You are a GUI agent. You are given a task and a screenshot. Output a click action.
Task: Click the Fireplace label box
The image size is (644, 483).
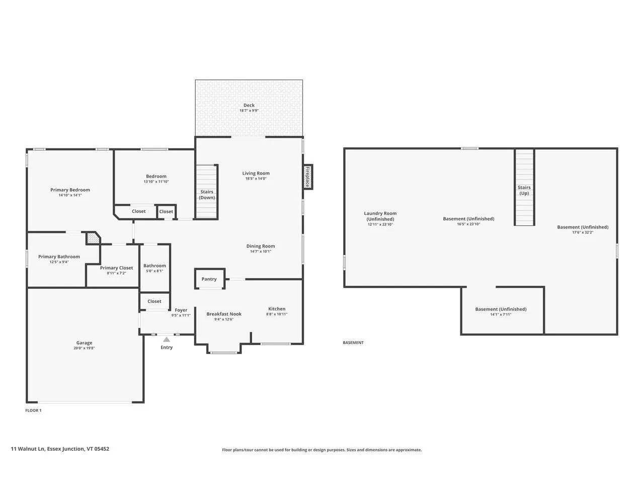[307, 177]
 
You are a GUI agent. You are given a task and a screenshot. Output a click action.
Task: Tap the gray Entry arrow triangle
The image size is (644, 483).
[167, 339]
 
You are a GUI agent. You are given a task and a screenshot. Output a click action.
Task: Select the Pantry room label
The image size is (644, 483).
[209, 279]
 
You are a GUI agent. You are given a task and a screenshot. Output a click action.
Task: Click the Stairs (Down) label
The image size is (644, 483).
[207, 194]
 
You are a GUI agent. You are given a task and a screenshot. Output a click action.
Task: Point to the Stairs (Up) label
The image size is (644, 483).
[524, 190]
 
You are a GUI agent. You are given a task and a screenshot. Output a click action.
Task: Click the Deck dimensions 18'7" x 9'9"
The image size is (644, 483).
[249, 111]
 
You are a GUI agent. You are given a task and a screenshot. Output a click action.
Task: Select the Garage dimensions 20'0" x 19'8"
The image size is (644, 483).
[84, 348]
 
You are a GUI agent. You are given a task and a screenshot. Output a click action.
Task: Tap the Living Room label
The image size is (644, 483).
[256, 173]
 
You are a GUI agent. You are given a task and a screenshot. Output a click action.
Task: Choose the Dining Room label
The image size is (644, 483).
[261, 246]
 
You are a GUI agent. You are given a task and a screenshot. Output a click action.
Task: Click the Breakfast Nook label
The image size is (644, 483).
[224, 314]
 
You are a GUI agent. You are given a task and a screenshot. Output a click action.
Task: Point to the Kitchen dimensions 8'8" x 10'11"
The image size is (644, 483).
[277, 314]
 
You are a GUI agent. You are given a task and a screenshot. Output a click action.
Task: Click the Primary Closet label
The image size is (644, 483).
[117, 268]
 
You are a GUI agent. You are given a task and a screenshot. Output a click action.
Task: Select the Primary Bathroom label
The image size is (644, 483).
[59, 257]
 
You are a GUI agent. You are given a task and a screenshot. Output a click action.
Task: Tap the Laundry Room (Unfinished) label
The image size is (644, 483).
[380, 216]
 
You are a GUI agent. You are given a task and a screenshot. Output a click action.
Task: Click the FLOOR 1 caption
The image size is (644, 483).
[33, 410]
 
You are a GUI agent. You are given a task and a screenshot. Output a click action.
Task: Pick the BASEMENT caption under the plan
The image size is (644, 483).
[353, 343]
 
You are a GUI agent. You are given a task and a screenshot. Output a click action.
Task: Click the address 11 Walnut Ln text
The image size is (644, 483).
[28, 449]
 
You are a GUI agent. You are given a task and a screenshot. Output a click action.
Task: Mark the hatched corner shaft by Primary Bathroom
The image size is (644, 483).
[93, 238]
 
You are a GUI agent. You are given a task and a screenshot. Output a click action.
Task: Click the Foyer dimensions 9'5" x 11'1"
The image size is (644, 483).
[181, 315]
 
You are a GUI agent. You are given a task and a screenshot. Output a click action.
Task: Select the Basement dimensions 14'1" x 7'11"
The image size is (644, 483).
[501, 314]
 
